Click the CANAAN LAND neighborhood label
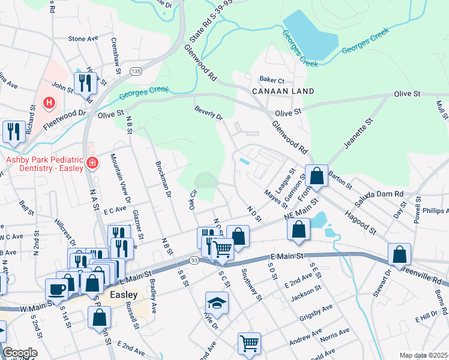283,91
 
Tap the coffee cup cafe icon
57,289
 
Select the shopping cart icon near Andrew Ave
249,344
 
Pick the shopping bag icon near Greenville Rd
399,255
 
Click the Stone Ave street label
83,38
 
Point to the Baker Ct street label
271,80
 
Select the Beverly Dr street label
208,112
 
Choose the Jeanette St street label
358,134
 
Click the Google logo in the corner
20,353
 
